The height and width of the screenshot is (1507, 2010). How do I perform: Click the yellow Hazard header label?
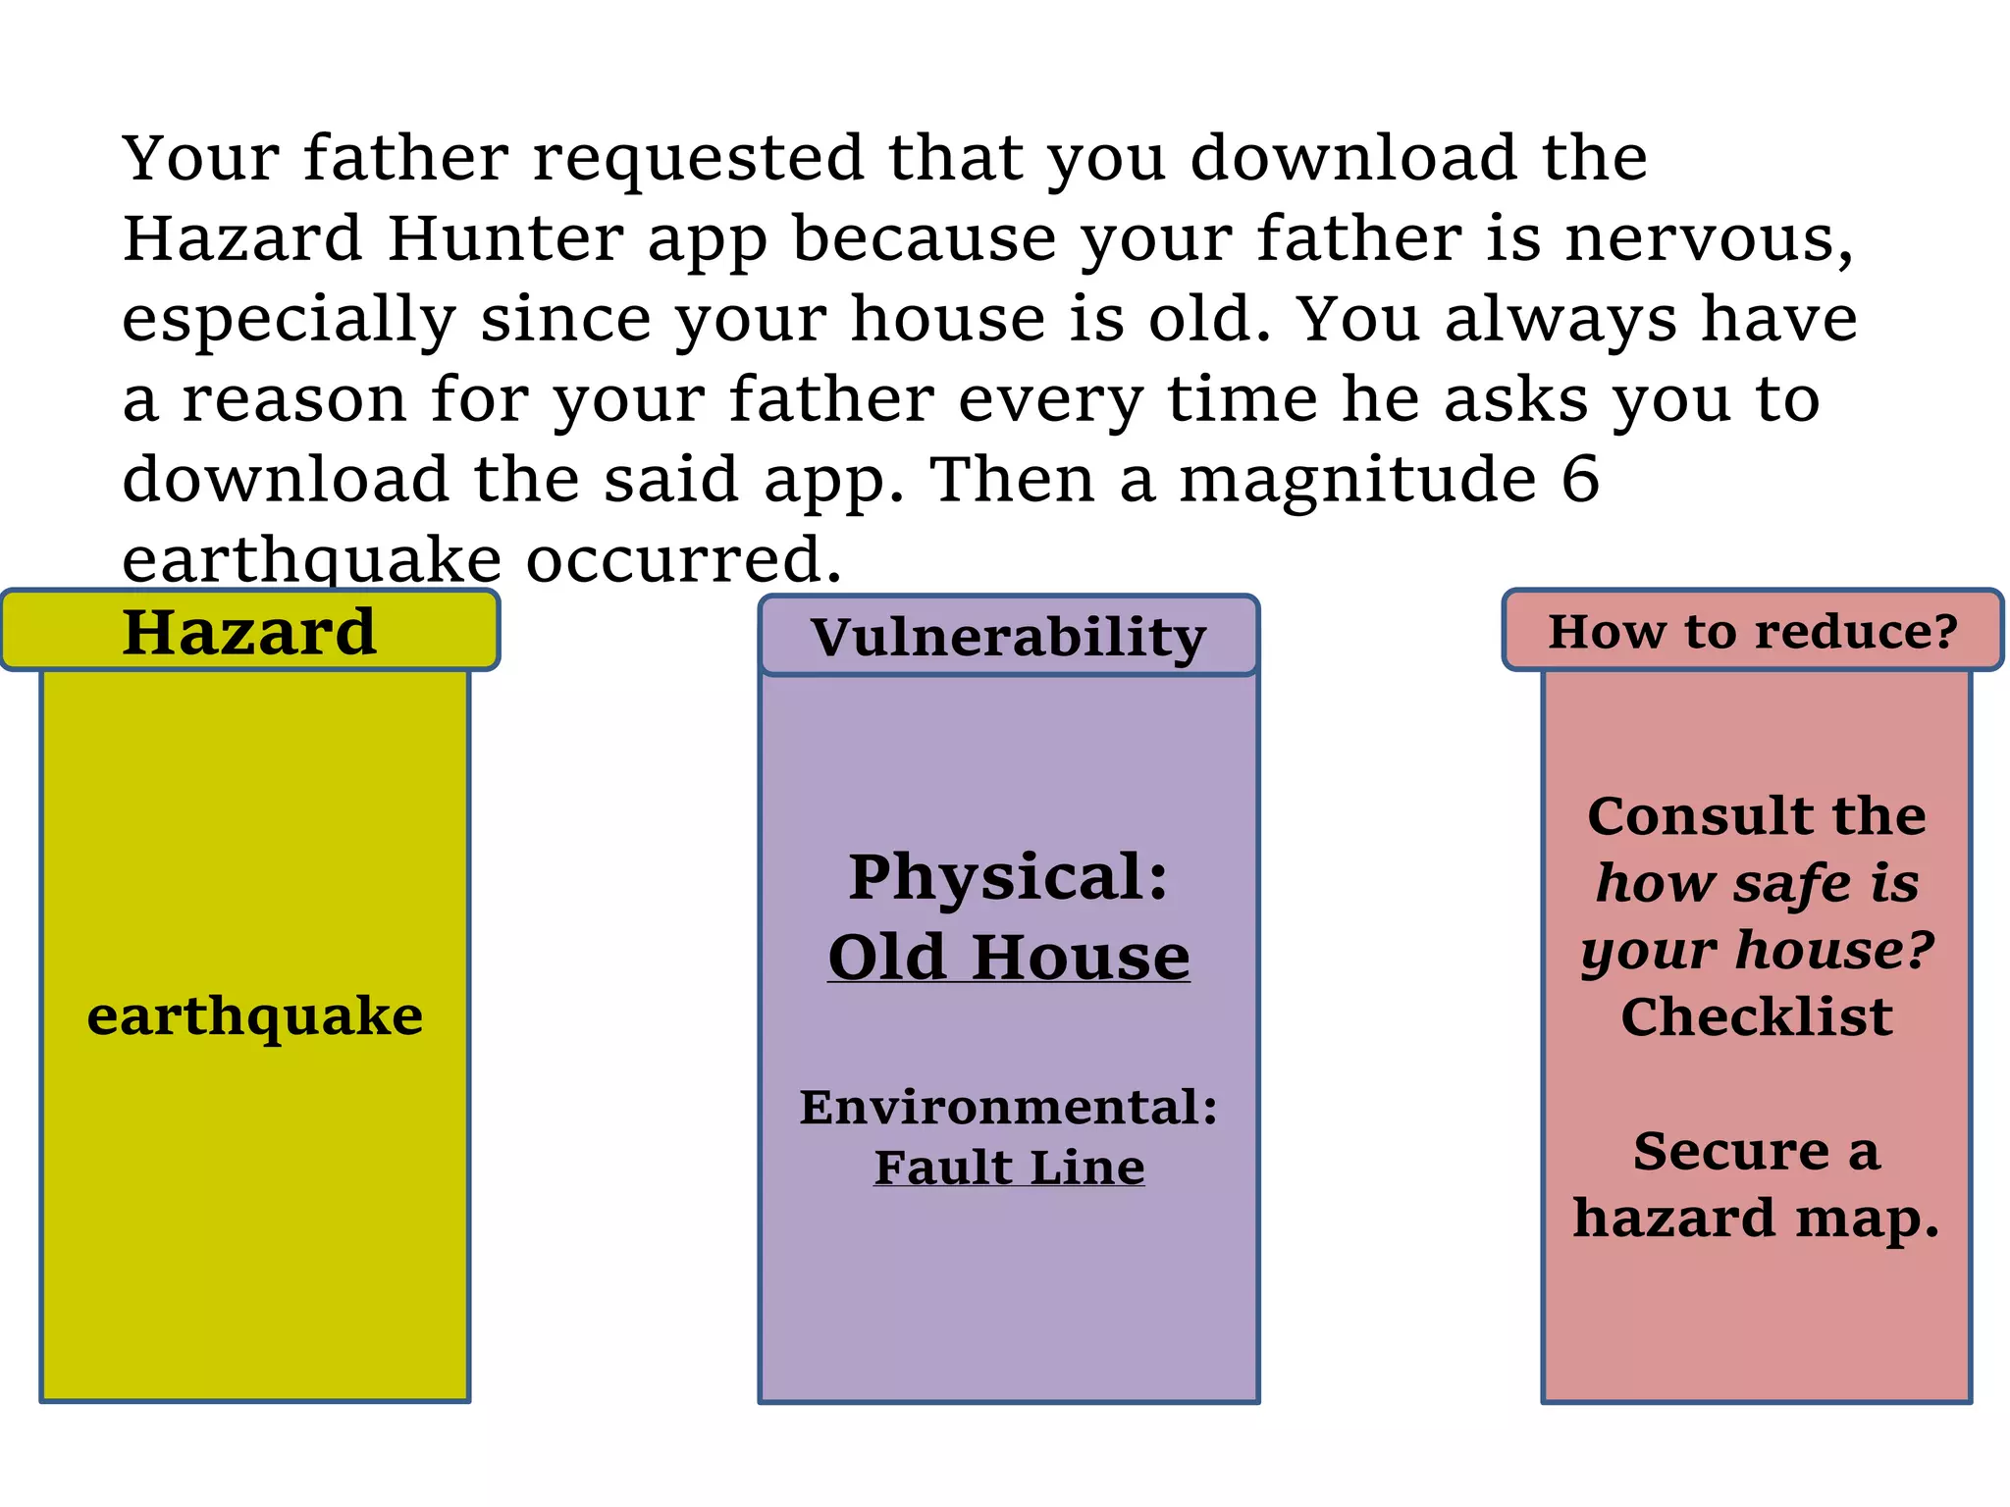(249, 631)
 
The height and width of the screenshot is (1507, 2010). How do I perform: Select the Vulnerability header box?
(1008, 636)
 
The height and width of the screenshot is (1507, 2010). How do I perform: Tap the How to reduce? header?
(1752, 631)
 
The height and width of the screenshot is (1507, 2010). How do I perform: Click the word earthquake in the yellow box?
(255, 1016)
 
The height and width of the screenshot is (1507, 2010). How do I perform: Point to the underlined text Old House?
(1008, 957)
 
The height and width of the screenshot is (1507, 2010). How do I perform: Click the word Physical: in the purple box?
(1008, 876)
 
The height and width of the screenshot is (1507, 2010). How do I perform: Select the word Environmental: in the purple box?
(1008, 1107)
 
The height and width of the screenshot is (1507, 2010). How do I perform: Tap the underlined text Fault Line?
(1008, 1168)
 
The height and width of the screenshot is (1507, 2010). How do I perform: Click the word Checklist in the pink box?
(1756, 1016)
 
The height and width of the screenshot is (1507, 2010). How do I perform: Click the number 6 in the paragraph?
(1580, 479)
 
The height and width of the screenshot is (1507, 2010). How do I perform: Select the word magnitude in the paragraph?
(1357, 481)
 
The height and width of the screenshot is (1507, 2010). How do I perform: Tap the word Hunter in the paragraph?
(505, 238)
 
